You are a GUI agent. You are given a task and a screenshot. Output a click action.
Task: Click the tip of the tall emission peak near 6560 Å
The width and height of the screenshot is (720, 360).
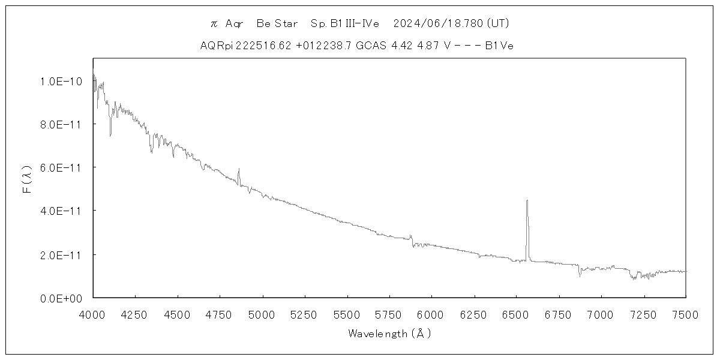point(527,201)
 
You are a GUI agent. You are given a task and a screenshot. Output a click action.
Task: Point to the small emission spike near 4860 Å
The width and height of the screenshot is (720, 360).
point(239,169)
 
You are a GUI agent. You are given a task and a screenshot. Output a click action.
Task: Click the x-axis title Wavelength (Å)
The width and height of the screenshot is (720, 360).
point(389,334)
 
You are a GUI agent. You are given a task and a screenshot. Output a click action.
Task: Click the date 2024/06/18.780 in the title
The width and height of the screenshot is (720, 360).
point(438,23)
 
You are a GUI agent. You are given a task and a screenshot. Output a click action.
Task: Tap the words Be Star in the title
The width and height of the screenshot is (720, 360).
point(277,23)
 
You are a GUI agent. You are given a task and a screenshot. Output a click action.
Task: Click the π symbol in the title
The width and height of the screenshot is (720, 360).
point(213,24)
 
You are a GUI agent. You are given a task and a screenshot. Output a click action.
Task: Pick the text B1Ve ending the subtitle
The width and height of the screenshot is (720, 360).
point(499,46)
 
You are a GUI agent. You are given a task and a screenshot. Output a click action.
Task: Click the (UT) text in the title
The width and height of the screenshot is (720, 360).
point(499,23)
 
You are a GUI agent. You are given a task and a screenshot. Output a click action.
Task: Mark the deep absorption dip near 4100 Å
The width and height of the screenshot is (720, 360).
point(110,135)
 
